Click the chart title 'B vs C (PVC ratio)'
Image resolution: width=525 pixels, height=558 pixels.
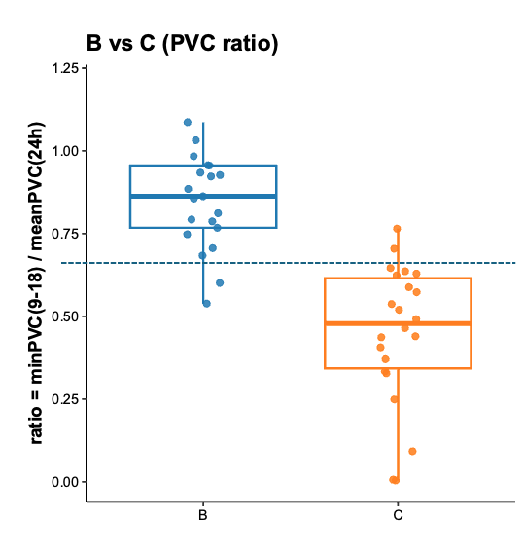tap(183, 44)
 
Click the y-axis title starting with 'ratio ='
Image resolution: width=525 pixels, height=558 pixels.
tap(37, 283)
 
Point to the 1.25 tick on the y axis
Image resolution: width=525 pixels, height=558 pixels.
tap(65, 68)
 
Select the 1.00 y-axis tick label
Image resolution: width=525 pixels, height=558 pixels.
tap(65, 151)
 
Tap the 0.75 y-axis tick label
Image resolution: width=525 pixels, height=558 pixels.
tap(65, 234)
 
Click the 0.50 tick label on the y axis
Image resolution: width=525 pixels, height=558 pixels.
tap(65, 316)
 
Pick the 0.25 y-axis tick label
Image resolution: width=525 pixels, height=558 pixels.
tap(65, 399)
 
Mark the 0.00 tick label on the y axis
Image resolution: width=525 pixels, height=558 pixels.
tap(65, 482)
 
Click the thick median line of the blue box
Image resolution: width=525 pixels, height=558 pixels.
tap(203, 196)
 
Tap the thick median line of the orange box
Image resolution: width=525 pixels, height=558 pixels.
tap(398, 323)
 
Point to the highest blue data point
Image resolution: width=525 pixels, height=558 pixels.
tap(188, 123)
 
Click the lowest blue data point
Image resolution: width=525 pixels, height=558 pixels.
tap(206, 304)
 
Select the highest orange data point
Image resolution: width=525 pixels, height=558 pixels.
tap(397, 229)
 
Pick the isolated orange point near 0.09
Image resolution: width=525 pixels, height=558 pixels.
tap(412, 452)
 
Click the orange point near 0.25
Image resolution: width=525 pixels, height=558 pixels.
tap(394, 399)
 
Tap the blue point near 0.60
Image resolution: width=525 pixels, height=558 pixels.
tap(220, 283)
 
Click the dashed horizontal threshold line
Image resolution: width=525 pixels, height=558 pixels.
tap(292, 263)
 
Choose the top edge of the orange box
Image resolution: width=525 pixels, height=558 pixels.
tap(398, 279)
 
